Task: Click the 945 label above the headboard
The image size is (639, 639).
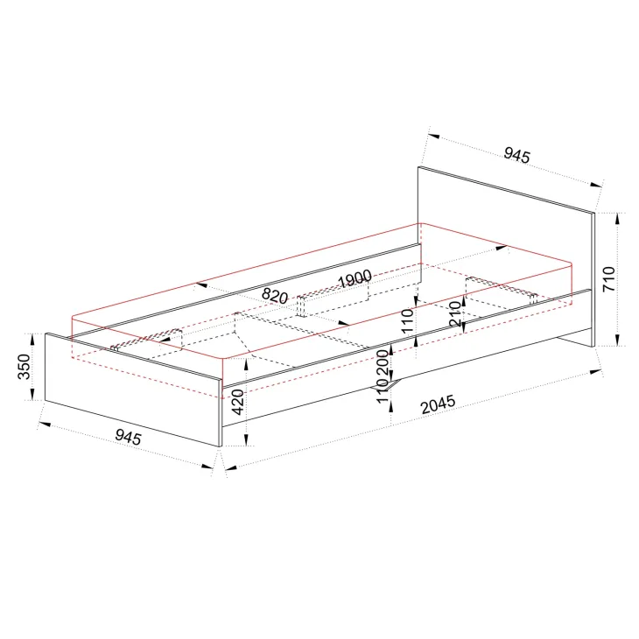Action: click(516, 155)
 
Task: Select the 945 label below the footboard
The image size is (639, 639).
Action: click(128, 437)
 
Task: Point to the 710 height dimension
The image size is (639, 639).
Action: click(609, 278)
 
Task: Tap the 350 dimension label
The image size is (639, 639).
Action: click(24, 367)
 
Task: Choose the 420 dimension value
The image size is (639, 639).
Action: click(237, 402)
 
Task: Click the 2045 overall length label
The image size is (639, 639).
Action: click(438, 404)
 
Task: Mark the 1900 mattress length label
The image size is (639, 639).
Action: click(355, 278)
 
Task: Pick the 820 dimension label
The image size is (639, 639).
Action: click(275, 296)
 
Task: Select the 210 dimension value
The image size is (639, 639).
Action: click(455, 313)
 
